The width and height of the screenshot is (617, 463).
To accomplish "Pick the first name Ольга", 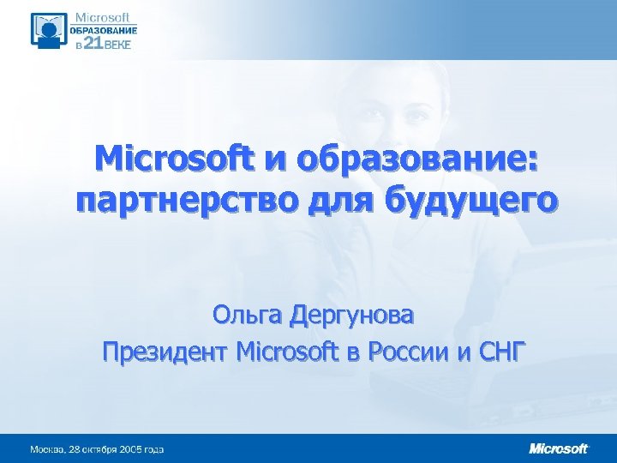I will [x=249, y=316].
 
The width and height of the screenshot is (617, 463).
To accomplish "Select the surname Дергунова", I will [x=351, y=316].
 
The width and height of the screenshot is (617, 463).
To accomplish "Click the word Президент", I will [x=163, y=352].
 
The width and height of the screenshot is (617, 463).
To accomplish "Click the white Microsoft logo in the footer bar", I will [x=559, y=448].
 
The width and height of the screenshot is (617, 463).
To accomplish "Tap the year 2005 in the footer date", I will [x=132, y=449].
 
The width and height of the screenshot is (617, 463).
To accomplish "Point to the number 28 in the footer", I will [x=75, y=449].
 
